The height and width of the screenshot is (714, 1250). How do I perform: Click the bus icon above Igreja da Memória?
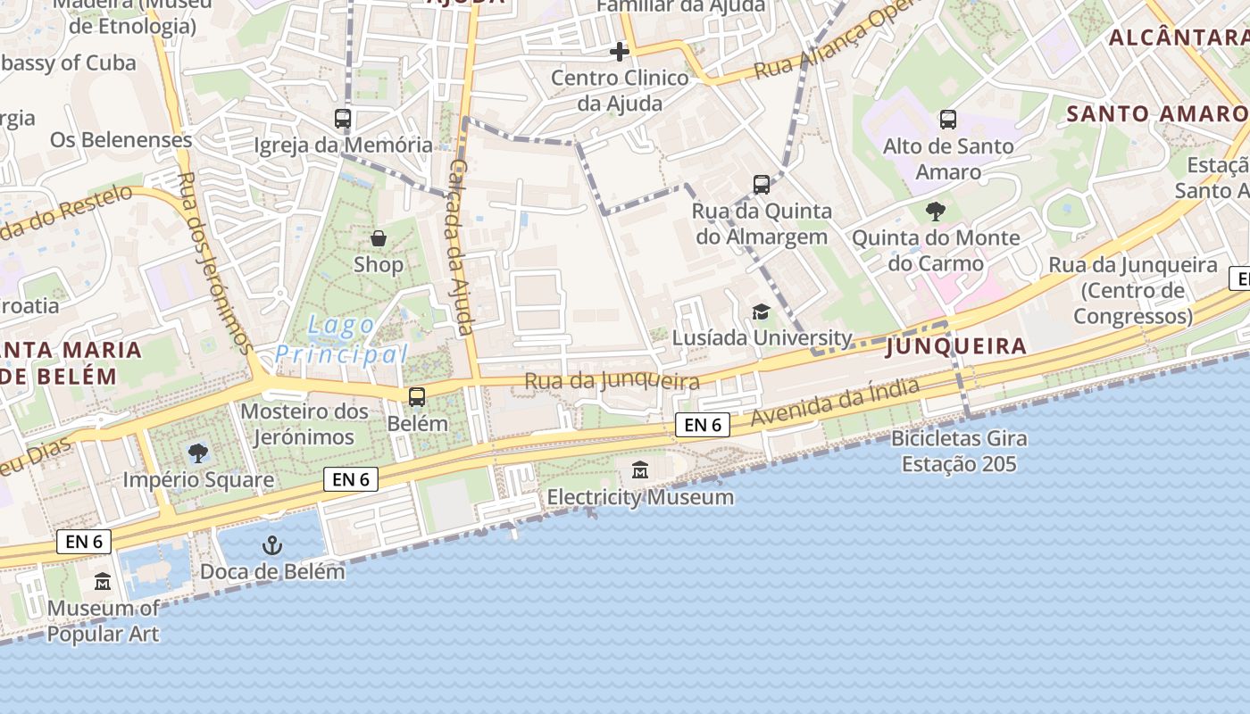(x=343, y=118)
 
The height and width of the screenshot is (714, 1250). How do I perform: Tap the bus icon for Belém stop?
(x=417, y=397)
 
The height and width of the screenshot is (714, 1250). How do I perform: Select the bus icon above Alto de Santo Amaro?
(x=948, y=119)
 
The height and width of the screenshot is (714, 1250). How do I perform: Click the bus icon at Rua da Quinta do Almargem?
(x=762, y=185)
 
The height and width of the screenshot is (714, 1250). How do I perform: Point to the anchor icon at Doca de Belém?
(x=271, y=545)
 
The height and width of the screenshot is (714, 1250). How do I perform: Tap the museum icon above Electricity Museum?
(x=640, y=469)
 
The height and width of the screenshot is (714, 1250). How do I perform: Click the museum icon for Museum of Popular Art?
(x=103, y=582)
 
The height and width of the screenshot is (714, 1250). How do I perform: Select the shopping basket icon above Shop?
(x=379, y=238)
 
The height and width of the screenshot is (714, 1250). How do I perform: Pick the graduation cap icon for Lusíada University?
(x=761, y=311)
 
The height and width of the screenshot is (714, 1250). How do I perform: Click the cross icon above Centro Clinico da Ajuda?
(x=620, y=52)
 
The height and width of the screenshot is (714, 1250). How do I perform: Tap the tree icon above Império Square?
(x=198, y=452)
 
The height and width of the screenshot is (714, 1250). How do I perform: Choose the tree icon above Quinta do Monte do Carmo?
(x=936, y=212)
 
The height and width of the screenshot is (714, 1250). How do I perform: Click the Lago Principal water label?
(x=341, y=340)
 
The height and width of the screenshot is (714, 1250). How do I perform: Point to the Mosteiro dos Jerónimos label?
(x=304, y=424)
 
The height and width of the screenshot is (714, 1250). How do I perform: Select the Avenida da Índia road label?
(x=835, y=403)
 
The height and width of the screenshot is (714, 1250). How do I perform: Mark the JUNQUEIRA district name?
(x=955, y=346)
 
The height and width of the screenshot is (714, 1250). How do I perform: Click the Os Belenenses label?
(x=121, y=140)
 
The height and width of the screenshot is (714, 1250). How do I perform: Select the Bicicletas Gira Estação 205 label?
(x=959, y=452)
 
